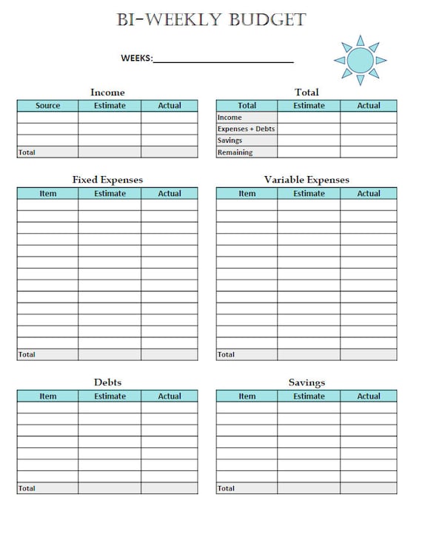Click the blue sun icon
pyautogui.click(x=361, y=59)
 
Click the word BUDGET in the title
pyautogui.click(x=268, y=20)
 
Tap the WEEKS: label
pyautogui.click(x=136, y=58)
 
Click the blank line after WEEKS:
pyautogui.click(x=223, y=59)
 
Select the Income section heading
pyautogui.click(x=107, y=92)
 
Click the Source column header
pyautogui.click(x=47, y=106)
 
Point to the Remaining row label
pyautogui.click(x=235, y=152)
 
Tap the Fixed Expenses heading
pyautogui.click(x=107, y=180)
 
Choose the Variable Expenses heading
pyautogui.click(x=307, y=180)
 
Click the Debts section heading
pyautogui.click(x=107, y=382)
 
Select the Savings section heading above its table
pyautogui.click(x=307, y=382)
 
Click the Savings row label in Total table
pyautogui.click(x=230, y=141)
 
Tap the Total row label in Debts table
pyautogui.click(x=27, y=488)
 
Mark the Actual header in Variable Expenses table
pyautogui.click(x=369, y=194)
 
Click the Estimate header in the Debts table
pyautogui.click(x=110, y=396)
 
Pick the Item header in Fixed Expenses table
pyautogui.click(x=47, y=194)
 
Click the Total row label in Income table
pyautogui.click(x=27, y=152)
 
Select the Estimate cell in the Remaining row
pyautogui.click(x=309, y=152)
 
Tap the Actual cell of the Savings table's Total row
pyautogui.click(x=369, y=488)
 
